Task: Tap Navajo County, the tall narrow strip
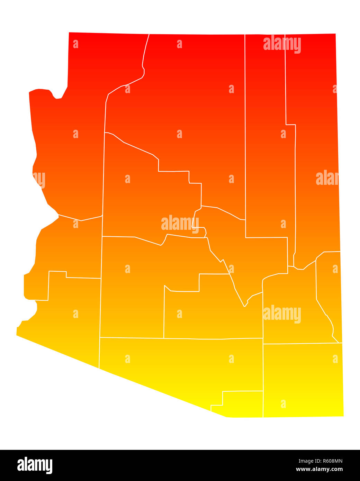click(265, 156)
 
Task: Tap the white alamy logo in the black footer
click(35, 465)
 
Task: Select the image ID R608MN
click(327, 461)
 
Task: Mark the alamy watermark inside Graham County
click(282, 314)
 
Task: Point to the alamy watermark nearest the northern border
click(282, 44)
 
